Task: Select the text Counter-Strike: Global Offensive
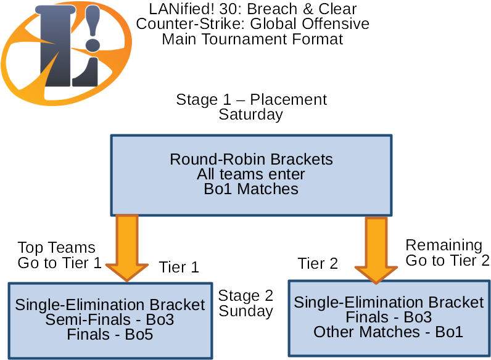click(253, 25)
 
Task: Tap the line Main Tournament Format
click(253, 39)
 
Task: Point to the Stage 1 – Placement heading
click(252, 100)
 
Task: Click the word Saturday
click(251, 115)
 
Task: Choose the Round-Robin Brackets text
click(251, 160)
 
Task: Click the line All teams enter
click(251, 174)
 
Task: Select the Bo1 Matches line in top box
click(251, 189)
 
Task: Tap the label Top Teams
click(56, 248)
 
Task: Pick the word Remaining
click(444, 245)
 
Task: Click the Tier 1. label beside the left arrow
click(179, 268)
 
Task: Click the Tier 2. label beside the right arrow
click(319, 264)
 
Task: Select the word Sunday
click(245, 311)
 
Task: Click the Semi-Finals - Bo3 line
click(110, 320)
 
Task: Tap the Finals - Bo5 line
click(110, 335)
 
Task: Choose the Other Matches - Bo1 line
click(389, 332)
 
